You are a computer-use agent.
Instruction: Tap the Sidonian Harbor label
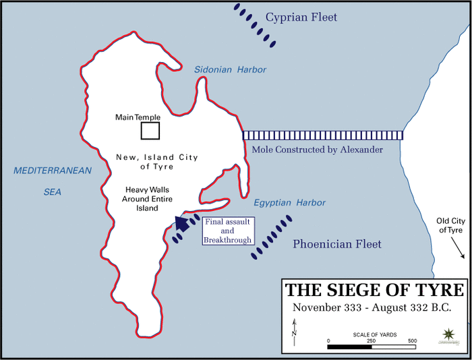(230, 69)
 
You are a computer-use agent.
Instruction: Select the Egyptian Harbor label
(289, 202)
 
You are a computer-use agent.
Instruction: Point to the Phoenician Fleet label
(336, 244)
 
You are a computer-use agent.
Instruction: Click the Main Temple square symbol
(150, 130)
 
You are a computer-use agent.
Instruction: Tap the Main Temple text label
(138, 117)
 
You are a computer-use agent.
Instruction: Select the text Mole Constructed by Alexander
(316, 150)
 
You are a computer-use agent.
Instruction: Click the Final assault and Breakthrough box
(228, 231)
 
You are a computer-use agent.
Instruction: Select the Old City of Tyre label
(450, 225)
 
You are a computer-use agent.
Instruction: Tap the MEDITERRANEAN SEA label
(53, 181)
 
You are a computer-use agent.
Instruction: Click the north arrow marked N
(294, 331)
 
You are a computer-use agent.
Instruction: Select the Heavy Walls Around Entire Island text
(140, 199)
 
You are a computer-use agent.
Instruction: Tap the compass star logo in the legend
(449, 335)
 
